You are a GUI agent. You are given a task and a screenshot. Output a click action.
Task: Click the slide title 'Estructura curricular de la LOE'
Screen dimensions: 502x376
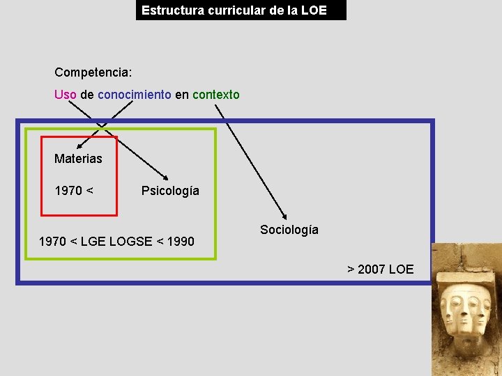pos(234,10)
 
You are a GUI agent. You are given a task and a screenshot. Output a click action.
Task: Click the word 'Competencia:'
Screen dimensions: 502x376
pos(93,72)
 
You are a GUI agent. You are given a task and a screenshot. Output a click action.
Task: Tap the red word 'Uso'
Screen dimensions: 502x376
pos(65,95)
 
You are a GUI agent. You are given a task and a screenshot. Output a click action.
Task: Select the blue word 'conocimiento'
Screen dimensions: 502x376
pos(134,95)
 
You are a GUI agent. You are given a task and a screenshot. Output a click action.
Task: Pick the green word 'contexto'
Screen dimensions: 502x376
pos(215,95)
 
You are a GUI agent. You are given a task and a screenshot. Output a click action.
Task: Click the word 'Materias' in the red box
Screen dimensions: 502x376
pos(78,159)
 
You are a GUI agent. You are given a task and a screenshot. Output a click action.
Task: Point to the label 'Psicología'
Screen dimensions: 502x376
pos(170,191)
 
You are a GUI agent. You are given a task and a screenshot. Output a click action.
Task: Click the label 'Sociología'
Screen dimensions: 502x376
pos(289,230)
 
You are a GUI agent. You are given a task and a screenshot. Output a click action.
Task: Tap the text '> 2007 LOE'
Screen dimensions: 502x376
pos(381,269)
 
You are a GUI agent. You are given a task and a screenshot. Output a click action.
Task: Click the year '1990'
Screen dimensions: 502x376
pos(181,242)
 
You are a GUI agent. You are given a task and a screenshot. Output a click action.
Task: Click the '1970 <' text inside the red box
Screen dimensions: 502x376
pos(74,191)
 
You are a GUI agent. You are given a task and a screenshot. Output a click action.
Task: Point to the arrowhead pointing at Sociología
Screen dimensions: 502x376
pos(284,216)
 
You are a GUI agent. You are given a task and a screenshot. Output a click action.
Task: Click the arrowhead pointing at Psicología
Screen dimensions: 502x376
pos(166,177)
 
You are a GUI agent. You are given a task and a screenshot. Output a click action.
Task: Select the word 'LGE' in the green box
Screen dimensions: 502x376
pos(93,242)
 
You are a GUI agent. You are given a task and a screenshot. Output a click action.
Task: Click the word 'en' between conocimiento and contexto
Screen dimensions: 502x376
pos(181,95)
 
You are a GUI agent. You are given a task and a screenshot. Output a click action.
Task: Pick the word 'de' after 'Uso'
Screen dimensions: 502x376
pos(87,95)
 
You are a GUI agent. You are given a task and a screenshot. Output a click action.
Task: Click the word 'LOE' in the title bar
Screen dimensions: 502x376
pos(315,10)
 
